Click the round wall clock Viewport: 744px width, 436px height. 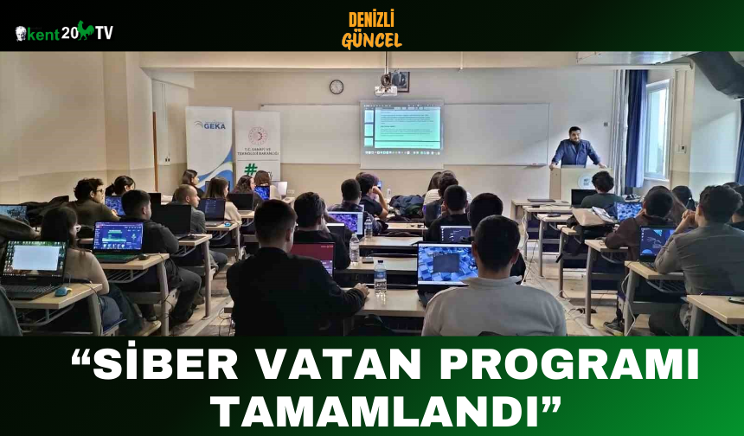(336, 87)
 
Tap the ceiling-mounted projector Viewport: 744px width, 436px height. (386, 88)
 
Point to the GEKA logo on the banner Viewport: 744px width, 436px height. (209, 125)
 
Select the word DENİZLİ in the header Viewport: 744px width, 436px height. (371, 19)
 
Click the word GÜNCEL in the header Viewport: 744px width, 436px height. (371, 40)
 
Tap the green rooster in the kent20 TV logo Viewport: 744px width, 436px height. (85, 31)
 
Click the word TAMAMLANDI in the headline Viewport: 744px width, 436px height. (372, 407)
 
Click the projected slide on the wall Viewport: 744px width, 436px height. (401, 128)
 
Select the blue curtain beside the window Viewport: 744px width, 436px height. (636, 130)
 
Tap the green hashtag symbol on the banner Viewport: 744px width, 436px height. (250, 170)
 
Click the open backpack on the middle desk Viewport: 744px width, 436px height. (407, 205)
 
